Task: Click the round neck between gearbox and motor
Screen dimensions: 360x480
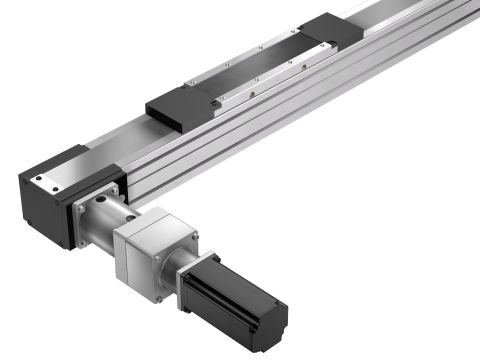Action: pos(181,266)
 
